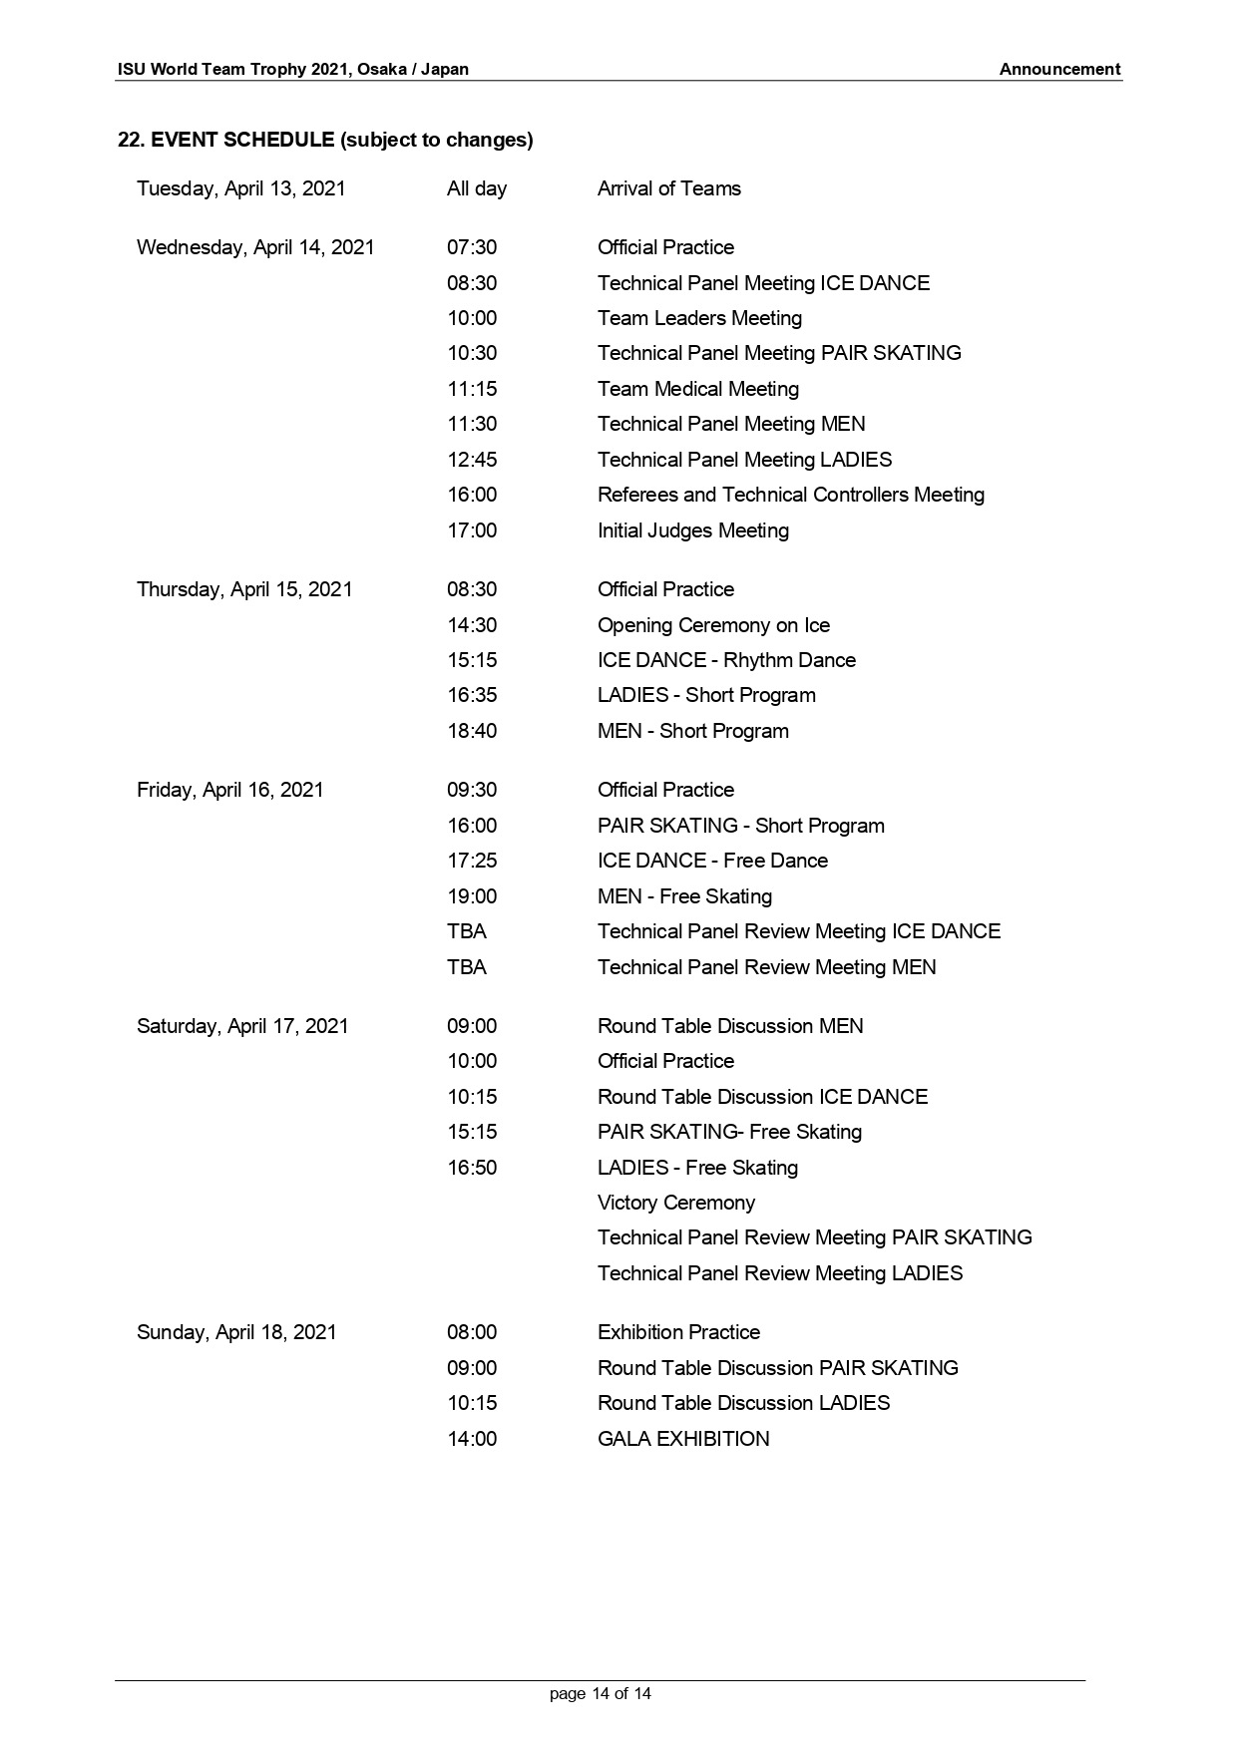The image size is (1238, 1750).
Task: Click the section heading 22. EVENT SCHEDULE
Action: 325,140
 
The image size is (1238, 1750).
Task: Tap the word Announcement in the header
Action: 1059,69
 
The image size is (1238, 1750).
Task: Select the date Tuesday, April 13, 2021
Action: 240,188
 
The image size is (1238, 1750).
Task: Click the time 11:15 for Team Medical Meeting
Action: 471,389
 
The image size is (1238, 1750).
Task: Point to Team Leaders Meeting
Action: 699,318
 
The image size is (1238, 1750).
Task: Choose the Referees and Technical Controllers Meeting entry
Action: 790,495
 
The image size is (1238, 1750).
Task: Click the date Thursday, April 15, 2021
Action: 244,589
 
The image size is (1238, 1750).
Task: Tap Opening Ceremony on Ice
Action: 713,625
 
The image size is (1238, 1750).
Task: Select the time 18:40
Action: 471,731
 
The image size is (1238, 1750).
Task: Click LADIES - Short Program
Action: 706,695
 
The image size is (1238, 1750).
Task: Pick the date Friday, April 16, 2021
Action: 229,790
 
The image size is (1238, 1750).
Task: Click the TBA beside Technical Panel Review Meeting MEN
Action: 466,967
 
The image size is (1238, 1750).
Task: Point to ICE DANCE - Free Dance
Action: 712,861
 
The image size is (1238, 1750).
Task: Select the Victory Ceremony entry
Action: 675,1203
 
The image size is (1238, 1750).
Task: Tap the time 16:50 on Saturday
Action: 471,1168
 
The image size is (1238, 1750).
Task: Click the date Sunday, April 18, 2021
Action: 236,1332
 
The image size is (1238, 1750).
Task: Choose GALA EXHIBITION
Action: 683,1439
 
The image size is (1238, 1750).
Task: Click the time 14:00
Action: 471,1439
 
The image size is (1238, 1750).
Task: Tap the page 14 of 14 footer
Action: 600,1693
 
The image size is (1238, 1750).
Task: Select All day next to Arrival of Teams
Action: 476,188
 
